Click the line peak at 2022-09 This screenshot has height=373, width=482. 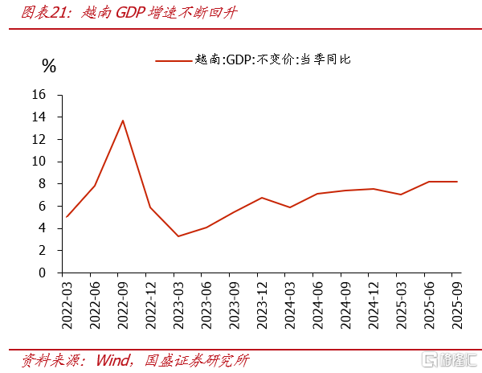click(x=123, y=121)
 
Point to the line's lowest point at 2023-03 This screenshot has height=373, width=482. click(x=178, y=236)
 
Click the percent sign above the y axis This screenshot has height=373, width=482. click(x=49, y=66)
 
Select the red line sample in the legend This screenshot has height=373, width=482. click(x=172, y=59)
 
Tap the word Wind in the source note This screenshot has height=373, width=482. click(x=114, y=359)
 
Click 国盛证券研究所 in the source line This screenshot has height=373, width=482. click(x=194, y=359)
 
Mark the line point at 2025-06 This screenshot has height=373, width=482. click(x=429, y=182)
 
